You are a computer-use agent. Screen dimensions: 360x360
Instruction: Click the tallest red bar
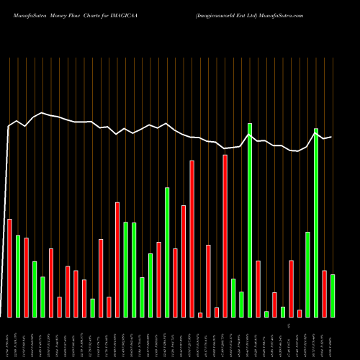(x=192, y=238)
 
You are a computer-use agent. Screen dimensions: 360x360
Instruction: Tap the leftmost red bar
(x=9, y=267)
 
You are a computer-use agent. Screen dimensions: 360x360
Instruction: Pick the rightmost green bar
(x=333, y=295)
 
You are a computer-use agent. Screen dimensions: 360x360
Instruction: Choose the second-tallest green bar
(x=316, y=222)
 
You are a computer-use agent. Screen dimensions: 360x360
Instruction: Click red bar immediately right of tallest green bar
(x=258, y=288)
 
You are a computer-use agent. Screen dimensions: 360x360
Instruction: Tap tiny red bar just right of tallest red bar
(x=200, y=315)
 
